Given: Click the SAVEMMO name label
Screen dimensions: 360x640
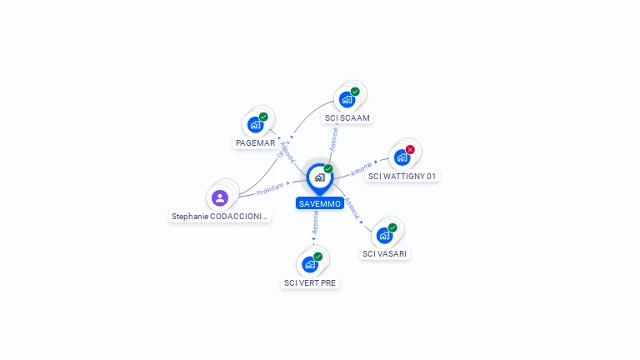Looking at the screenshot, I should [x=319, y=203].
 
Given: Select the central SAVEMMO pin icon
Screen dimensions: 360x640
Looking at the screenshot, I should [x=319, y=177].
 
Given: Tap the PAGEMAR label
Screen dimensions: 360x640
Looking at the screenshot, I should [x=255, y=142].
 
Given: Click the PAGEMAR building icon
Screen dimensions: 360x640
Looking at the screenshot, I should [x=256, y=125].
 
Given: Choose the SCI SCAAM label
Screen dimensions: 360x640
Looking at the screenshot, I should [x=347, y=117].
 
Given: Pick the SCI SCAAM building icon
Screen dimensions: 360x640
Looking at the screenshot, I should [x=347, y=100].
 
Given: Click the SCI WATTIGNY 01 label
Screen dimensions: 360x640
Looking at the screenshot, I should [x=402, y=176].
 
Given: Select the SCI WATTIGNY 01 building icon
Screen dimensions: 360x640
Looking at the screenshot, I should [x=402, y=157].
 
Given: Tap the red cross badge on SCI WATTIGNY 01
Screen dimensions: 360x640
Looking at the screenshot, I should [x=410, y=149].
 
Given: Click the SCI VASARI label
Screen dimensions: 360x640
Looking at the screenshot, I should [x=385, y=253].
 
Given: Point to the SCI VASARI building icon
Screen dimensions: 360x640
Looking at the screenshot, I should [x=384, y=235].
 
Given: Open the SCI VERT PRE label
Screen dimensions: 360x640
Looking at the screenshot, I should [x=311, y=282].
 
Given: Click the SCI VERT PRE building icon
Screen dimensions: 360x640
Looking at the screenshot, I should [x=310, y=264].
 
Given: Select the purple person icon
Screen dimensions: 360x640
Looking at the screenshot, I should [x=220, y=197].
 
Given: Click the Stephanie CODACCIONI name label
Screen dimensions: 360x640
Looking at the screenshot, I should [x=220, y=216].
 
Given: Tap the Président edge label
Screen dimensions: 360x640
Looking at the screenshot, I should [x=270, y=190].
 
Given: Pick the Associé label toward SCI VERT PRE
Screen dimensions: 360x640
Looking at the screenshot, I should [x=315, y=222].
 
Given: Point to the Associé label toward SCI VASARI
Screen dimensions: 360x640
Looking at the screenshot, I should [x=352, y=208].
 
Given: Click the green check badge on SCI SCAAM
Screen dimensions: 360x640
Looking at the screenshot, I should [x=355, y=92].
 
